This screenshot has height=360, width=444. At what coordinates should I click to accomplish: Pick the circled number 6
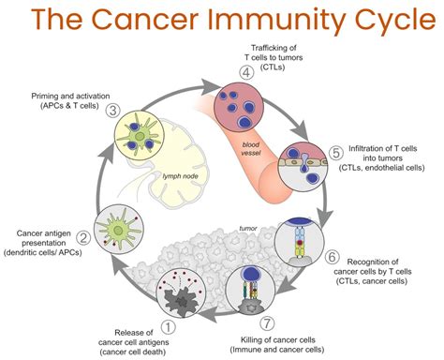tap(332, 255)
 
